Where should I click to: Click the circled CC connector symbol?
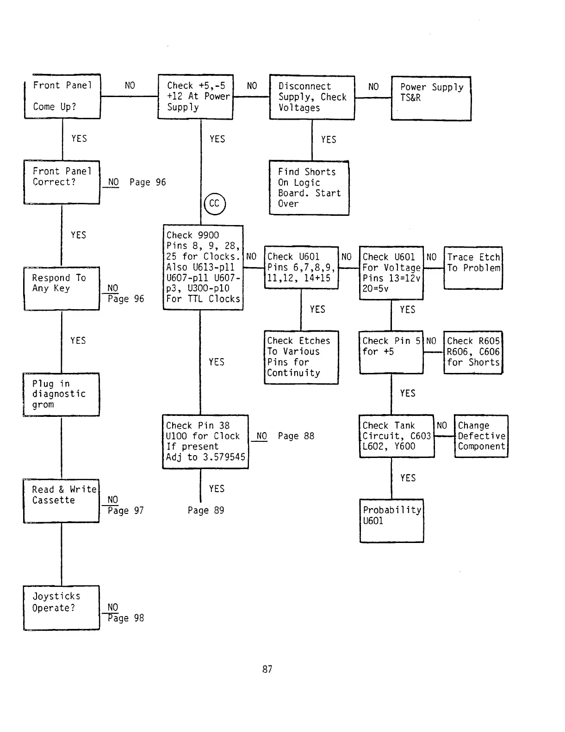click(214, 204)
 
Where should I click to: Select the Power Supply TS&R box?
click(431, 98)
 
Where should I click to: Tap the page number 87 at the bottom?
click(267, 669)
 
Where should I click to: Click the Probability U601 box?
click(391, 520)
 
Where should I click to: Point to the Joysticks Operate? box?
click(62, 607)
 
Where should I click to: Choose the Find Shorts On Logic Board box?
click(309, 188)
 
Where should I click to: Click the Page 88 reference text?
click(296, 436)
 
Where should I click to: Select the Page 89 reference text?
click(206, 510)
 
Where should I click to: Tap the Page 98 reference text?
click(126, 618)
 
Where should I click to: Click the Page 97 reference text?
click(126, 511)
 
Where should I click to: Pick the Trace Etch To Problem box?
click(473, 268)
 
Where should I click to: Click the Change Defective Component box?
click(481, 436)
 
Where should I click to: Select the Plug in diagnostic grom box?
click(61, 394)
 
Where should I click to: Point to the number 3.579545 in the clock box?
click(224, 457)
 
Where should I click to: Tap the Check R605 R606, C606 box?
click(473, 352)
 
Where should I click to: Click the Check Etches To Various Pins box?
click(301, 357)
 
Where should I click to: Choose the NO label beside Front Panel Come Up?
click(130, 85)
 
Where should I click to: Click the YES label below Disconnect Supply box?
click(329, 140)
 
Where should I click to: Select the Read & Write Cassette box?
click(61, 500)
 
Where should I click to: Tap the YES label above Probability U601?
click(408, 478)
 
